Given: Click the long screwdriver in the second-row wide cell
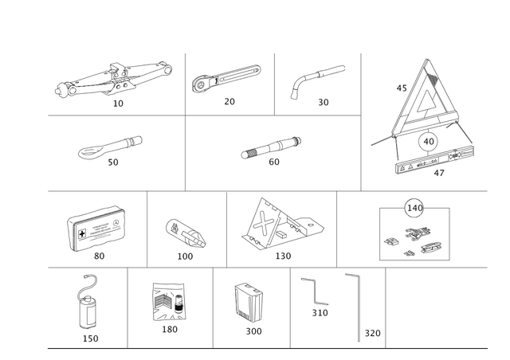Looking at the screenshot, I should (271, 146).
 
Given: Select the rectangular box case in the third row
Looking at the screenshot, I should (94, 228).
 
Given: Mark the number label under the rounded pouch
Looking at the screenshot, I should (186, 256).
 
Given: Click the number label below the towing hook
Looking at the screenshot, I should (89, 337).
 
